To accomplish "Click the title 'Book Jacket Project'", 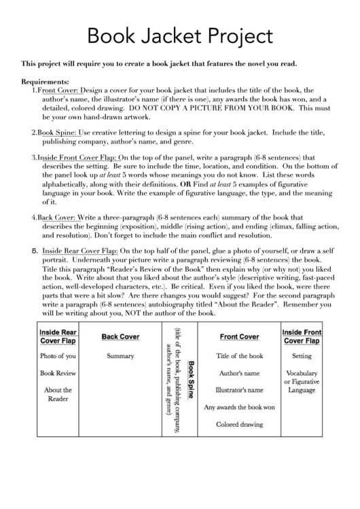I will tap(180, 35).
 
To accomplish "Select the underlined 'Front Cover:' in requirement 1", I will tap(58, 89).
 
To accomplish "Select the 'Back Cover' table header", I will tap(120, 336).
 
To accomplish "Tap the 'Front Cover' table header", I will tap(239, 336).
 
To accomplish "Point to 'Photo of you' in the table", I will tap(58, 355).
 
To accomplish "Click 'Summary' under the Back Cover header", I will tap(120, 355).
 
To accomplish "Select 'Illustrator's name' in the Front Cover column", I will tap(239, 391).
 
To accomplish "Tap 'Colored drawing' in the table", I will tap(239, 425).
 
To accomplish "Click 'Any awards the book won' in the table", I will tap(239, 408).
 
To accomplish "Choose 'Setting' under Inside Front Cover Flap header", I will tap(302, 355).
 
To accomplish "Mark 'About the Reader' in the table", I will tap(58, 394).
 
